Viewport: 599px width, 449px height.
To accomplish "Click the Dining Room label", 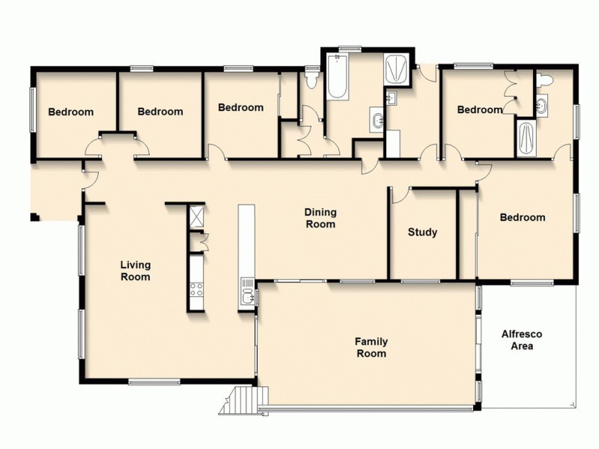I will [320, 218].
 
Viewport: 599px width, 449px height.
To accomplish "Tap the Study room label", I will [422, 232].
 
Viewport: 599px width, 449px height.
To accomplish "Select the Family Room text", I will [371, 347].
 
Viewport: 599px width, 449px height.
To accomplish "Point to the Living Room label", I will [136, 271].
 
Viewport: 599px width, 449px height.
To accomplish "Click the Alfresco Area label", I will [521, 340].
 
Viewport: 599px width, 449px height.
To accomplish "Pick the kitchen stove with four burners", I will [197, 289].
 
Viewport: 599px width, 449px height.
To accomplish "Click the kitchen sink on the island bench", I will [247, 297].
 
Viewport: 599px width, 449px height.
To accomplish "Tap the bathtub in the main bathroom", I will [336, 82].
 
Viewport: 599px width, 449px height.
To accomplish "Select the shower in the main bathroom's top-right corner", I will [396, 69].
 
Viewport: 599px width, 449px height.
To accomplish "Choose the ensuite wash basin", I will [544, 105].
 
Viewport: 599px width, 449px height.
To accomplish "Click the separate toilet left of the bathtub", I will [312, 78].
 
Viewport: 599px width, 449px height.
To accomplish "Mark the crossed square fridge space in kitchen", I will [197, 217].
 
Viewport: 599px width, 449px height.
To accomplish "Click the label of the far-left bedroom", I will [71, 112].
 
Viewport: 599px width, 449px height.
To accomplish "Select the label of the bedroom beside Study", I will [522, 218].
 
